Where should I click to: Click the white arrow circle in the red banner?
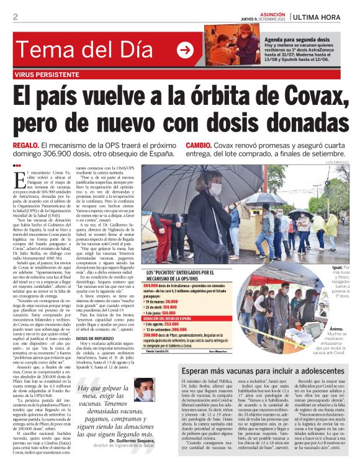[185, 50]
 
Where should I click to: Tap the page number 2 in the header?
[16, 16]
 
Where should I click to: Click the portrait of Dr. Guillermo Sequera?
[144, 391]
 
